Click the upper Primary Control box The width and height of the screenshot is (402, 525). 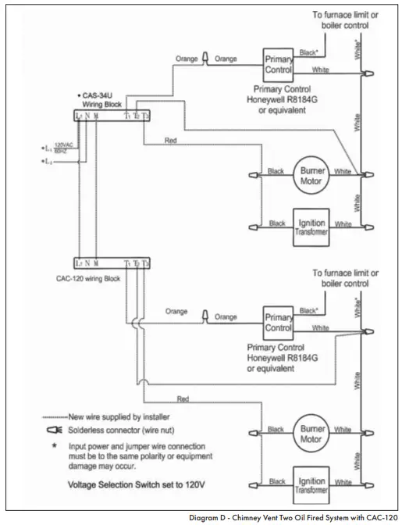(x=279, y=63)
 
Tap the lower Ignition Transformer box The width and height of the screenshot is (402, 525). (x=310, y=483)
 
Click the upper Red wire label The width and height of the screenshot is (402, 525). (x=171, y=141)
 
